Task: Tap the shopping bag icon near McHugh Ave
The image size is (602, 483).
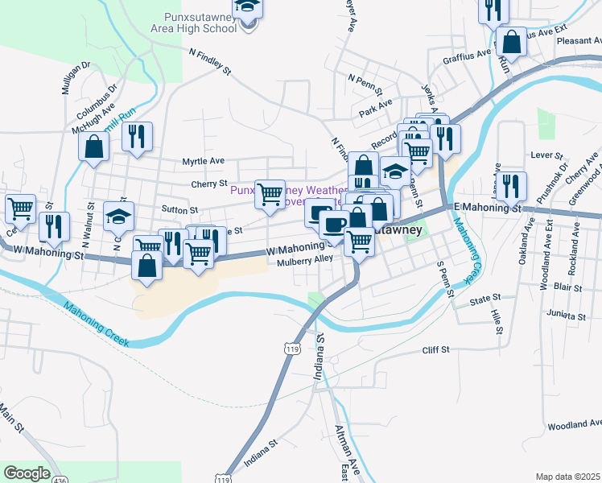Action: (x=94, y=147)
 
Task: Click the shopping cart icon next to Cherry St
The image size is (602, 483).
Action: (x=270, y=193)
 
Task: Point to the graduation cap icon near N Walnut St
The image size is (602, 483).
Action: (x=118, y=216)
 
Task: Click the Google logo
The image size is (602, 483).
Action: (x=27, y=473)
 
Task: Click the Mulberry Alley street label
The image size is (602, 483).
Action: (x=305, y=261)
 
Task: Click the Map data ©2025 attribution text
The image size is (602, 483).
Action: (x=567, y=477)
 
